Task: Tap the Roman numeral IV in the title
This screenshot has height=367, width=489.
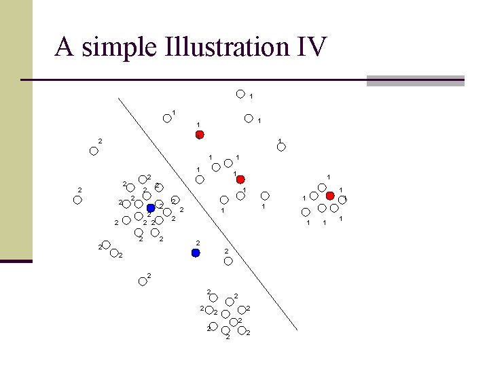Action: [x=310, y=48]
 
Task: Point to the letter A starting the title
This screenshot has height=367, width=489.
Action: [x=64, y=48]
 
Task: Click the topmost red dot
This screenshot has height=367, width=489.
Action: [x=200, y=135]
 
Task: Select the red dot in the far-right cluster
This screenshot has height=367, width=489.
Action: [x=330, y=196]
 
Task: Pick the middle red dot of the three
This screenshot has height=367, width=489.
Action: [x=240, y=179]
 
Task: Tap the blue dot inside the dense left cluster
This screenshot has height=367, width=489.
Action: [x=151, y=208]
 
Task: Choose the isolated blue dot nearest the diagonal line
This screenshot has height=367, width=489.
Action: [x=196, y=253]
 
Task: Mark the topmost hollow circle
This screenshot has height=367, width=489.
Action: [x=240, y=94]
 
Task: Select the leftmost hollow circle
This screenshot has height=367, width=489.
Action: [x=77, y=200]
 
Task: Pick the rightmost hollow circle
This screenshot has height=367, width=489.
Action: [x=343, y=200]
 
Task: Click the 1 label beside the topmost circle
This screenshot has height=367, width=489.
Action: [x=251, y=97]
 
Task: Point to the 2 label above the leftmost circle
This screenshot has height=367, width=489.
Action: [x=79, y=190]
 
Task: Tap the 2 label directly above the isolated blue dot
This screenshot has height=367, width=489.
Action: [x=197, y=243]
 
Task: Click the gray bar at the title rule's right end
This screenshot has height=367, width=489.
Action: [x=415, y=81]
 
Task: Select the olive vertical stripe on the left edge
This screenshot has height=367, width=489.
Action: [x=16, y=129]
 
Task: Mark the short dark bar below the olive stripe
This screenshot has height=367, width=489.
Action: [x=16, y=260]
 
